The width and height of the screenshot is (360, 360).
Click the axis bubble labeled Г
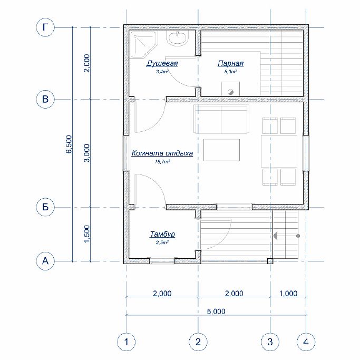click(x=45, y=27)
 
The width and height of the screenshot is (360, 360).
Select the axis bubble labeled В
click(x=45, y=99)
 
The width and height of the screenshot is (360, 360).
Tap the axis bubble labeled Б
click(x=45, y=207)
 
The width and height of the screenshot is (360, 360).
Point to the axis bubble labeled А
click(x=45, y=261)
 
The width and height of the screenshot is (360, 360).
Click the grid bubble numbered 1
click(x=127, y=342)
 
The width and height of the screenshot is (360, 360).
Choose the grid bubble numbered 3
click(x=270, y=342)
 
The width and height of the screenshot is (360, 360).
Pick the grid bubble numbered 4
click(x=306, y=342)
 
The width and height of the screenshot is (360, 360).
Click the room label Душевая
click(x=162, y=63)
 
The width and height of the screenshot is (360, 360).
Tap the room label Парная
click(x=230, y=63)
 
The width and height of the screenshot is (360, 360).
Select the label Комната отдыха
click(x=162, y=153)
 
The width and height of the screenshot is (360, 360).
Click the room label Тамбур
click(x=162, y=234)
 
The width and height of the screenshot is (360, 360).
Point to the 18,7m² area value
click(x=162, y=161)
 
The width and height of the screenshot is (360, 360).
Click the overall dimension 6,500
click(x=69, y=144)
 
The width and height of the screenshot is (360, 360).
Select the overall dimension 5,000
click(x=216, y=312)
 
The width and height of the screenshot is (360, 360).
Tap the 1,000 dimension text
click(x=288, y=294)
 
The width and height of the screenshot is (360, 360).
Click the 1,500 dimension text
click(x=86, y=233)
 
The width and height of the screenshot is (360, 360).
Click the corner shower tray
click(x=143, y=44)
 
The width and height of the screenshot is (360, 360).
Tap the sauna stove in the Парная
click(x=230, y=89)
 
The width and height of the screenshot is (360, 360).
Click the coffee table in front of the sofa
click(x=221, y=150)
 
